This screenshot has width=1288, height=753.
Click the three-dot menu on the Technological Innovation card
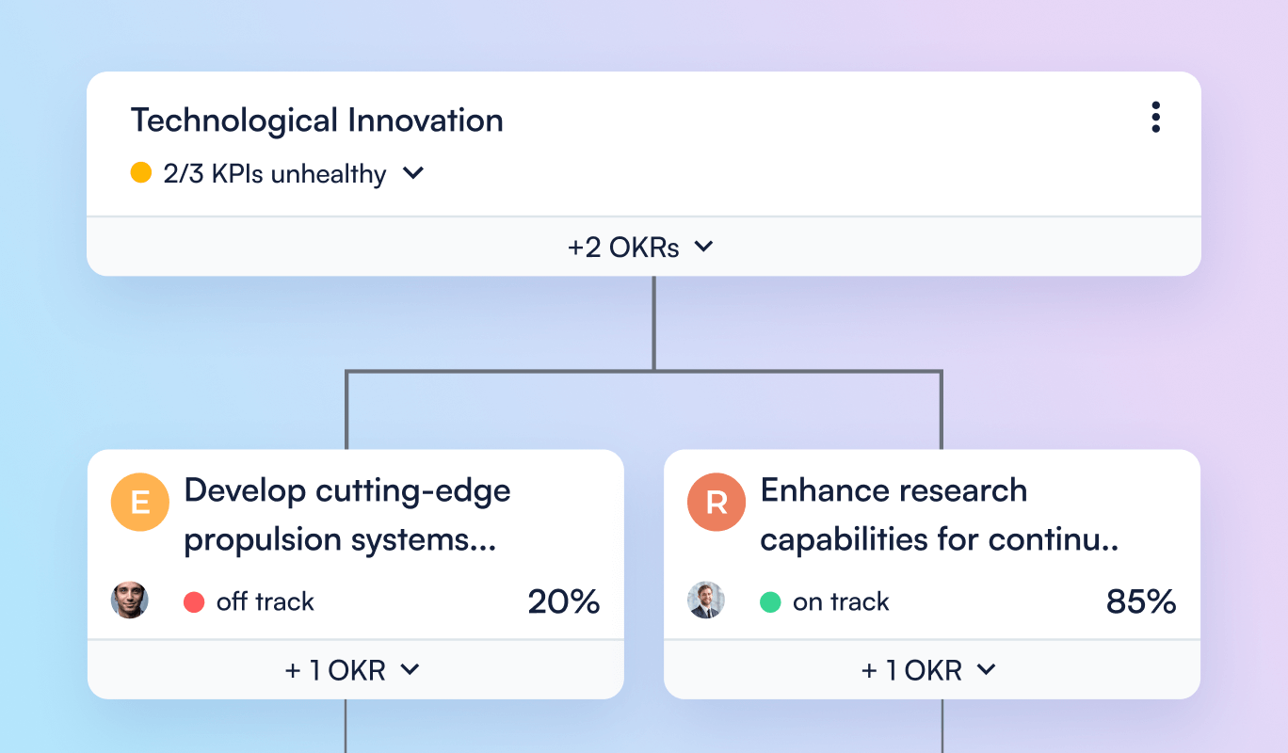pos(1155,117)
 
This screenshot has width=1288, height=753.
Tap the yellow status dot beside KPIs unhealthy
pos(141,173)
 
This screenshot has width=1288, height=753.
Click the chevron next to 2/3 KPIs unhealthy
pos(413,173)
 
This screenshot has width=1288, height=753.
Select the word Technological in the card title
pos(233,120)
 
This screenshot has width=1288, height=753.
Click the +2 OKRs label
pos(624,248)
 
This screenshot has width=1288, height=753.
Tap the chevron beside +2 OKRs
pos(703,247)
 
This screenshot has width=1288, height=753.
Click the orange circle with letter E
pos(140,503)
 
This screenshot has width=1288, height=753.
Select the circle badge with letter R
pos(716,503)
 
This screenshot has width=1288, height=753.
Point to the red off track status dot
pos(194,602)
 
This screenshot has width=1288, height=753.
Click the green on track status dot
pos(770,602)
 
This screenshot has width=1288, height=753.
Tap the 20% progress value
pos(563,601)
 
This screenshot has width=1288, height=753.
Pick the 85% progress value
pos(1140,601)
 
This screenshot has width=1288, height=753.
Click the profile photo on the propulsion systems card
pos(130,601)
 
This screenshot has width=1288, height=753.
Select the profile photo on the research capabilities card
pos(706,601)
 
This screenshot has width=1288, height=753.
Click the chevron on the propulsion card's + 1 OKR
pos(410,669)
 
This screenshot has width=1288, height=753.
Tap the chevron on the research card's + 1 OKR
pos(986,669)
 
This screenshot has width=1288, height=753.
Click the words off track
pos(265,602)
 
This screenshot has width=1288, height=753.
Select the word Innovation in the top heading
pos(426,120)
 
